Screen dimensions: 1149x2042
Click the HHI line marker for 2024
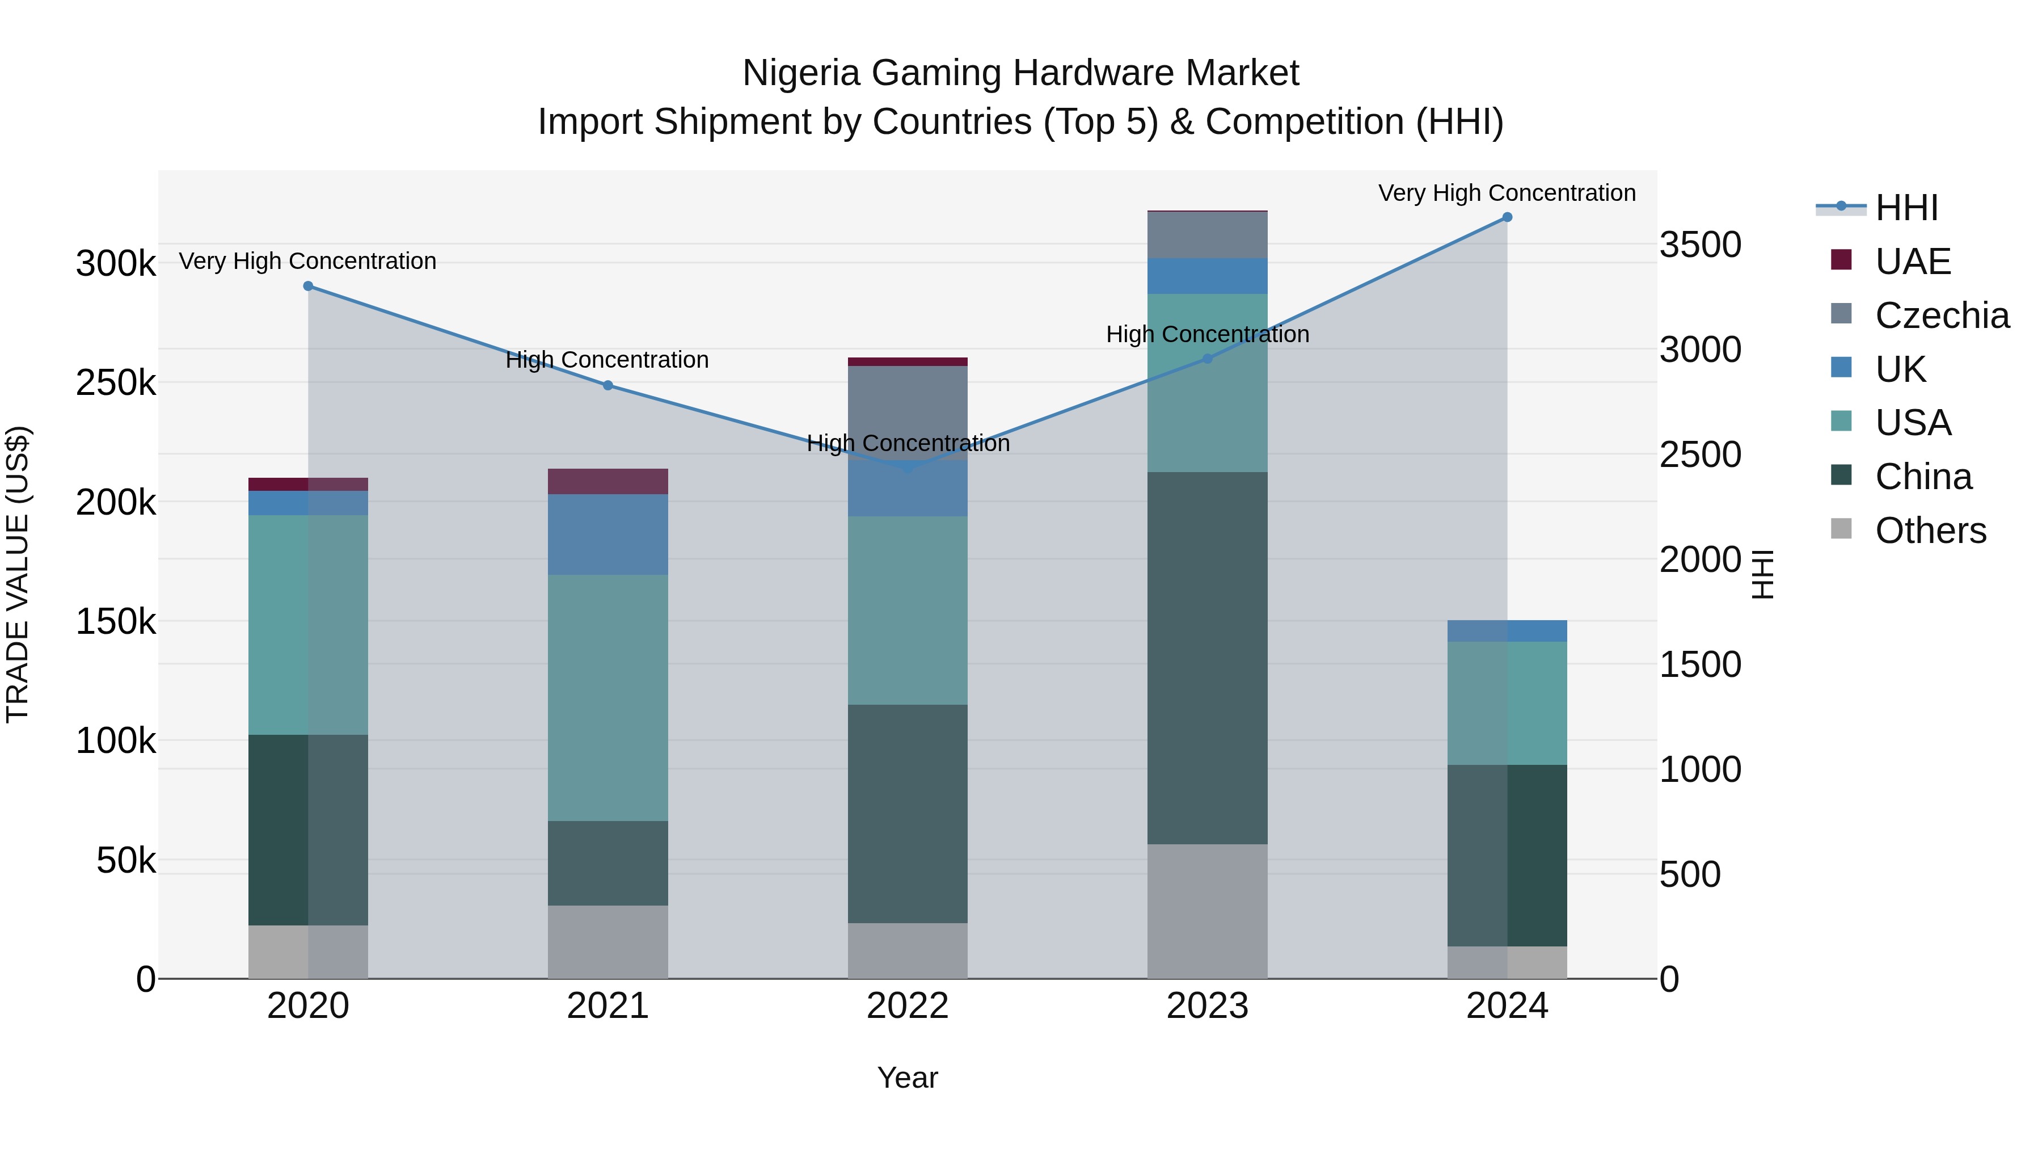(1507, 217)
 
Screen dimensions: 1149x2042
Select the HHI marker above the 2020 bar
(309, 287)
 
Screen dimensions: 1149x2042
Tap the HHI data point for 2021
(608, 385)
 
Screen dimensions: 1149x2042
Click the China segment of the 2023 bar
(1207, 658)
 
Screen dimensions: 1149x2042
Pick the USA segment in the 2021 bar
(608, 698)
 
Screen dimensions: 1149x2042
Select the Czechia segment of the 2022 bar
(908, 413)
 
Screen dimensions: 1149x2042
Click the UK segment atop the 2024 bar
(1507, 631)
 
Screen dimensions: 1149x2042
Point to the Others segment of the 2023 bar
(1207, 911)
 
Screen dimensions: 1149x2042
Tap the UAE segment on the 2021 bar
(608, 481)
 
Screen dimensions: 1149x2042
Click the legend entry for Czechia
(1942, 315)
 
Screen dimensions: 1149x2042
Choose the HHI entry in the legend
(1906, 208)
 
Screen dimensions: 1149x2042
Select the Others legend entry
(1930, 531)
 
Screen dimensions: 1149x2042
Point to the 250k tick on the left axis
(116, 383)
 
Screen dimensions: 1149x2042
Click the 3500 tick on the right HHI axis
(1701, 245)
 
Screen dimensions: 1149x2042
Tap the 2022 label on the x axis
(908, 1006)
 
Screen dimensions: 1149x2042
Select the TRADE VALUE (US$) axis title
(18, 574)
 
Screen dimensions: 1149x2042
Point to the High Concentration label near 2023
(1207, 335)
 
